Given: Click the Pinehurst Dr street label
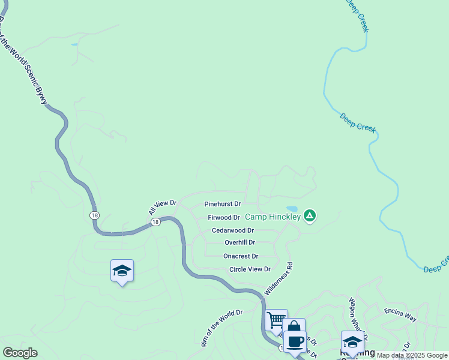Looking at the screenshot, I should pos(222,204).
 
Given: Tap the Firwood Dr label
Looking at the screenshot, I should pos(223,217).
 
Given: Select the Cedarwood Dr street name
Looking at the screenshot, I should pos(232,230).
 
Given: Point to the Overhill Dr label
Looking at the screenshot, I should pos(240,242).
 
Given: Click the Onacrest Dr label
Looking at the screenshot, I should pos(240,256).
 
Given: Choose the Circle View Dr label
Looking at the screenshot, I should pos(250,269).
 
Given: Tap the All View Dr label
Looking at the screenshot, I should pos(162,208).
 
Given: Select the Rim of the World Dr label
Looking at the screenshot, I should pos(221,328).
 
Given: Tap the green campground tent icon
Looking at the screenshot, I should pos(310,215).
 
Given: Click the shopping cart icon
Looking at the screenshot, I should pos(276,319).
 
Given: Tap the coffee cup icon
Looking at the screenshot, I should pos(295,341).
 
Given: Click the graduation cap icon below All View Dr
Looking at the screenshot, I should pos(122,271).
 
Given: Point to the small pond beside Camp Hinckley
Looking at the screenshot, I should pos(292,209).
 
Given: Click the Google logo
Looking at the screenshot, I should pos(20,353).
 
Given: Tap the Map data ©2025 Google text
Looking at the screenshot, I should pos(412,355).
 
